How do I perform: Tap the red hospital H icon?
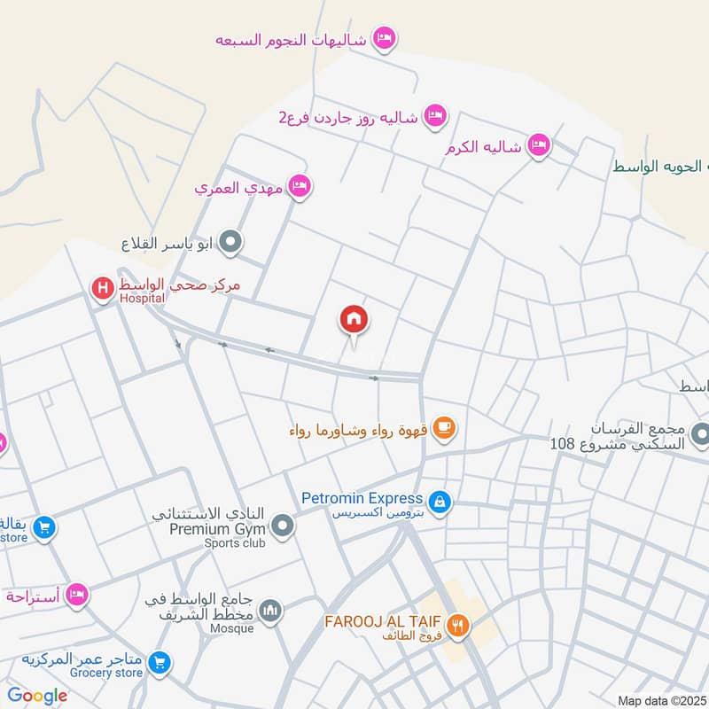point(103,287)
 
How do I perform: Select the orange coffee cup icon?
point(445,430)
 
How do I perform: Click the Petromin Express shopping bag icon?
point(440,503)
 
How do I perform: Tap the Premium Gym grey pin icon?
point(283,526)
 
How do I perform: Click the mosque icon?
point(271,610)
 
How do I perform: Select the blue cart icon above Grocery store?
point(160,661)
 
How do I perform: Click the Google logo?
point(37,696)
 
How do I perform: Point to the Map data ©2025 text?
point(662,701)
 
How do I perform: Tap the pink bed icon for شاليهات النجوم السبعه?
point(384,39)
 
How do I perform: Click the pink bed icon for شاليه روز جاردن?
point(434,115)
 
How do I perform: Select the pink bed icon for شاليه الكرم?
point(538,145)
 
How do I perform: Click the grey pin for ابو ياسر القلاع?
point(230,240)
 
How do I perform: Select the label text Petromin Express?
point(362,499)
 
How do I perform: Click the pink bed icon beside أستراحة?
point(77,594)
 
